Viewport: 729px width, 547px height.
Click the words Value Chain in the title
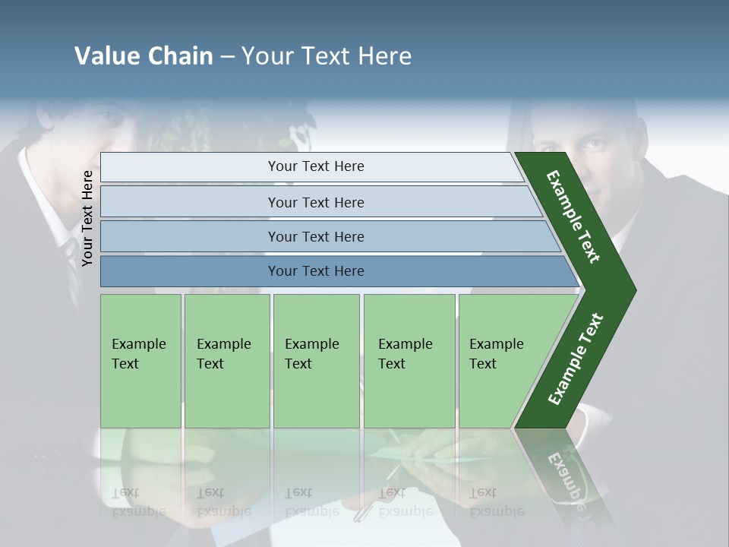(144, 56)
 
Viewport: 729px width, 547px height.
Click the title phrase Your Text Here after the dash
(327, 56)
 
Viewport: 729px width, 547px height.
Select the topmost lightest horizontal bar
(315, 166)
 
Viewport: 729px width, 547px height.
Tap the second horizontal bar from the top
(315, 202)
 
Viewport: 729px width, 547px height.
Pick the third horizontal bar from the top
(315, 236)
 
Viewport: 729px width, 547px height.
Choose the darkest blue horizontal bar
(315, 271)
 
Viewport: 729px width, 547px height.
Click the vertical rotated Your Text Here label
(87, 218)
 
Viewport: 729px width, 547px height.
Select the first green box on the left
(140, 361)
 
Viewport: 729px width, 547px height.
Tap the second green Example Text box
(226, 361)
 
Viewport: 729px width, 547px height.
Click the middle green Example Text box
(316, 361)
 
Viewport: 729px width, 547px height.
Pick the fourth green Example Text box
(409, 361)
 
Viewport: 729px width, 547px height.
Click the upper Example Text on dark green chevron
(573, 217)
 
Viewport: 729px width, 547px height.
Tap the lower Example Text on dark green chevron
(576, 359)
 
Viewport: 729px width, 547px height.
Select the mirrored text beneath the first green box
(138, 502)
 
